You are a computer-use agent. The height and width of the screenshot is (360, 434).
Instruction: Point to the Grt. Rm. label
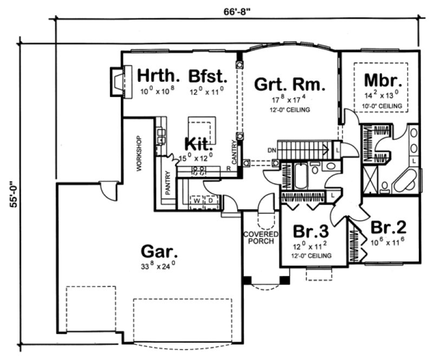(x=290, y=85)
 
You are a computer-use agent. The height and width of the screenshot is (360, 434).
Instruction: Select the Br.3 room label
(x=307, y=231)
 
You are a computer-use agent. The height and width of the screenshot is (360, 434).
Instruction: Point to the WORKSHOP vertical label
(x=139, y=153)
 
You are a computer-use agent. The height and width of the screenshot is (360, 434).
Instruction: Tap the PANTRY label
(x=168, y=184)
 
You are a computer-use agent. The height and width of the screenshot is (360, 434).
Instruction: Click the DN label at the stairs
(x=272, y=150)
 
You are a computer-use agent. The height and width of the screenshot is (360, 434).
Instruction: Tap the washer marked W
(x=197, y=201)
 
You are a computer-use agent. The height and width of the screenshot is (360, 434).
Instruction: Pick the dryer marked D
(x=210, y=201)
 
